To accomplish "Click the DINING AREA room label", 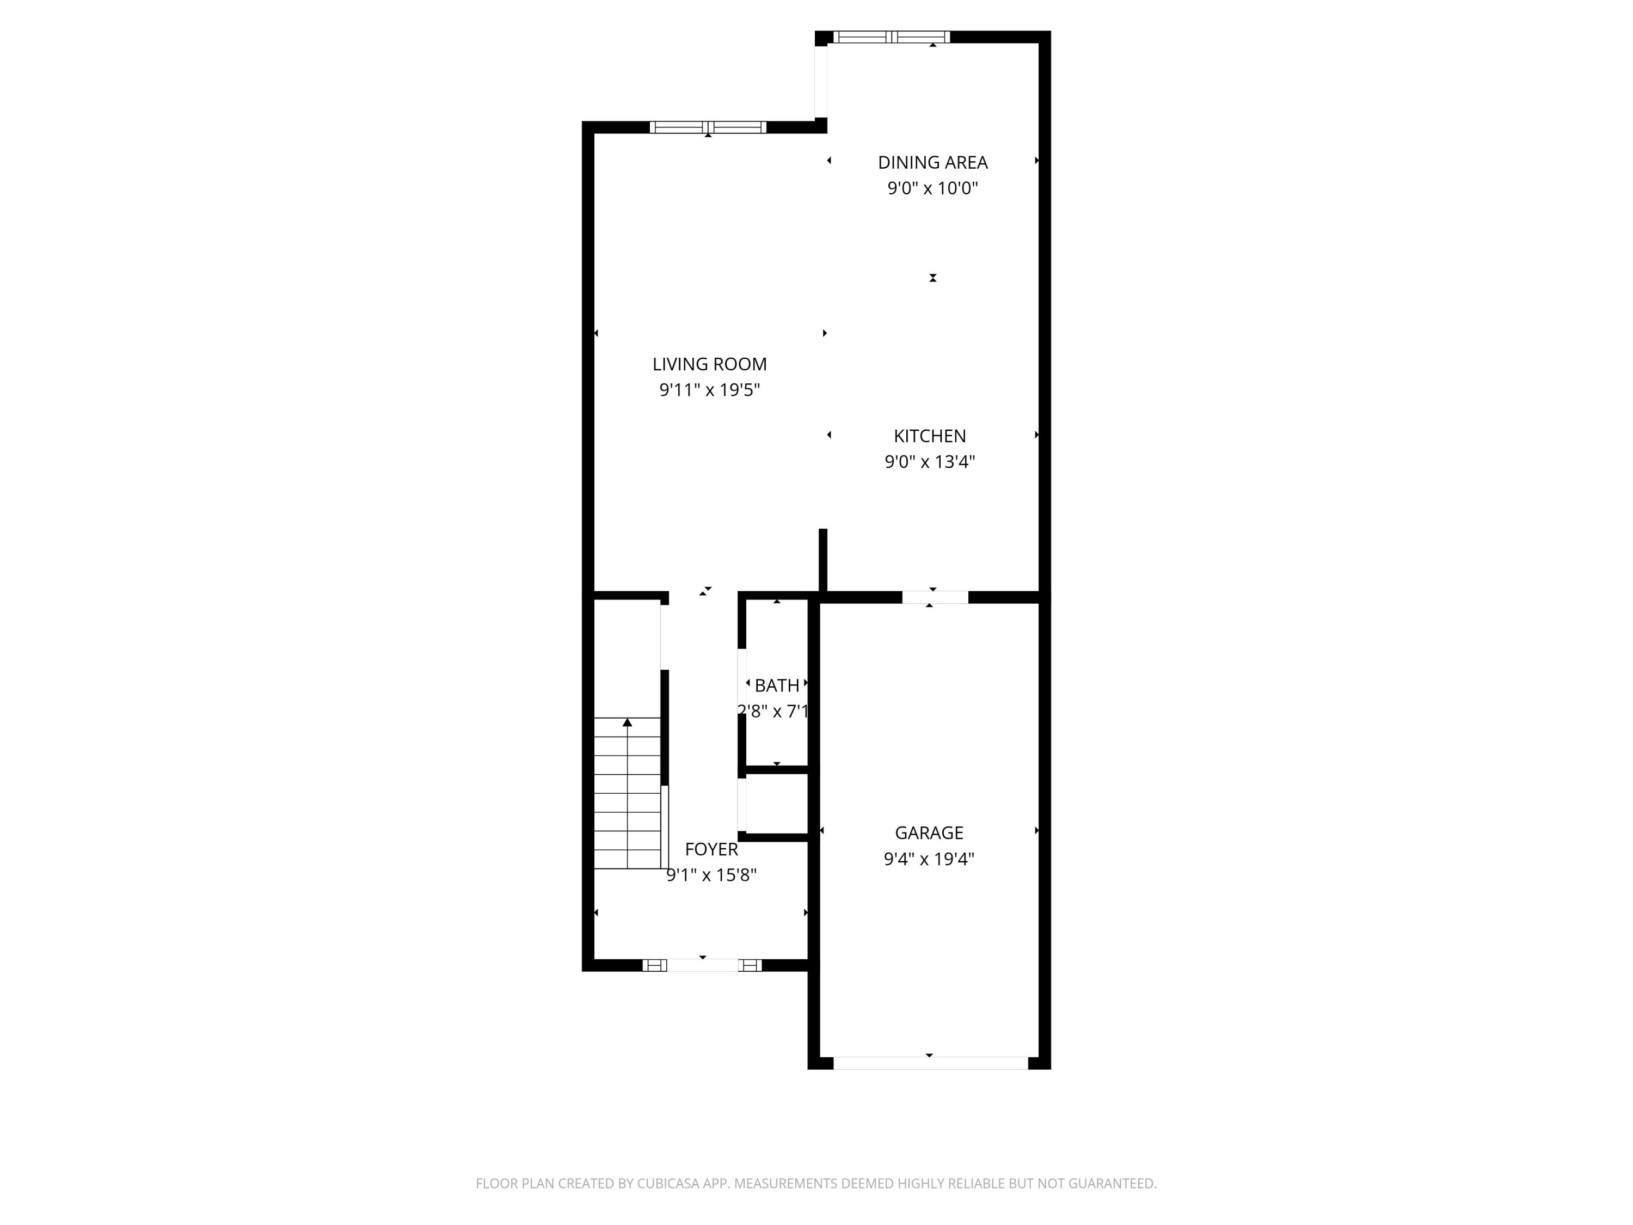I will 932,162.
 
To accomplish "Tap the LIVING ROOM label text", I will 709,364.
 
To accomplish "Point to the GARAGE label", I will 929,833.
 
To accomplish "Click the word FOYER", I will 711,849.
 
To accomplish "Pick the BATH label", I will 777,686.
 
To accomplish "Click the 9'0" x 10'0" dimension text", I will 932,188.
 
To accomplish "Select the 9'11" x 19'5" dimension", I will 709,390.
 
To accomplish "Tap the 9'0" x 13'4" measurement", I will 930,462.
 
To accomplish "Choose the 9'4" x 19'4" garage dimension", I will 929,859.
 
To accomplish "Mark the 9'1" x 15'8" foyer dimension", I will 711,875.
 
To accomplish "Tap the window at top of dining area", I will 891,37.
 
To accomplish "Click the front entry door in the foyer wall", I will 702,965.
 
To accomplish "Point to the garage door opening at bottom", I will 930,1063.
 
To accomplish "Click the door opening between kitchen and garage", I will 935,597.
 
